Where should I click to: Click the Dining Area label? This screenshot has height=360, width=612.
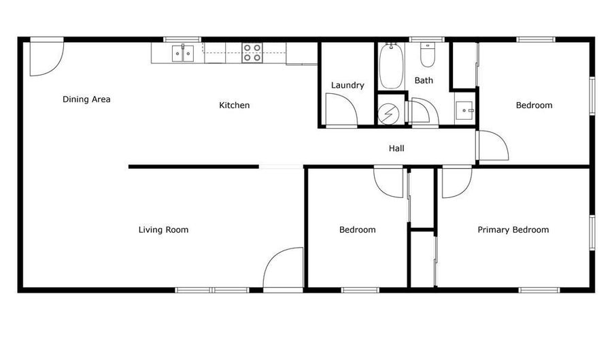(86, 99)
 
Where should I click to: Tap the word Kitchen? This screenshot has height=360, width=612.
(234, 105)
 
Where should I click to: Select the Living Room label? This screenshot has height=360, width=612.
(163, 229)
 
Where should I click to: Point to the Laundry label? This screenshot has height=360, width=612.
(347, 85)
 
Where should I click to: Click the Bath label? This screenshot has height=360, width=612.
(424, 80)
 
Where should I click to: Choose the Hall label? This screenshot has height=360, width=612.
(396, 148)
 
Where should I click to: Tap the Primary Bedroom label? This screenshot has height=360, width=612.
(513, 229)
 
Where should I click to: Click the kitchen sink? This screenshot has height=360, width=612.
(183, 54)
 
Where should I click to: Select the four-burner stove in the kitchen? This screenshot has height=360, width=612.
(252, 52)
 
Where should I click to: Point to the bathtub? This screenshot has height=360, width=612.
(391, 66)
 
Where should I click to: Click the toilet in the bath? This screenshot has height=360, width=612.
(428, 54)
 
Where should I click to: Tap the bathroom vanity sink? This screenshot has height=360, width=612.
(465, 110)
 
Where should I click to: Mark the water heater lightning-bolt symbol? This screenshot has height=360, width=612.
(389, 114)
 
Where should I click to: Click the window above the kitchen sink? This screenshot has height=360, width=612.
(182, 39)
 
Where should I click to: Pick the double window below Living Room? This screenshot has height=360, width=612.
(212, 290)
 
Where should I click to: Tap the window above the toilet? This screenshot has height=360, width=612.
(427, 39)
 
